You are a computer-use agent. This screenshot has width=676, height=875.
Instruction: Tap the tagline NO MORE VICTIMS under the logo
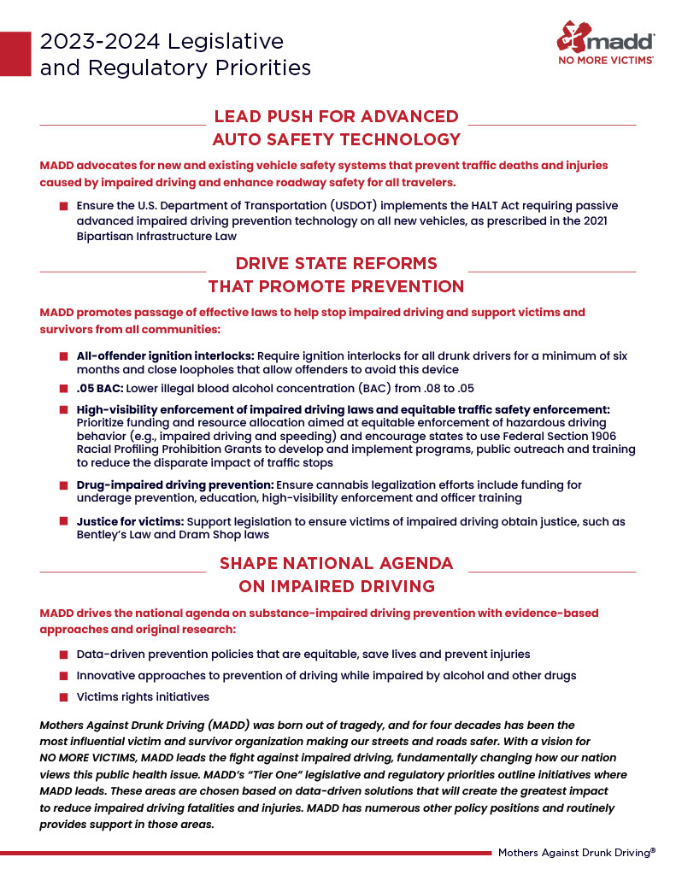click(607, 62)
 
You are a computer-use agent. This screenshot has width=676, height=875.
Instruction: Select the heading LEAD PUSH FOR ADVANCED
click(336, 116)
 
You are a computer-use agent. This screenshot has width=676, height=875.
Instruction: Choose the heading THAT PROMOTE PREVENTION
click(336, 286)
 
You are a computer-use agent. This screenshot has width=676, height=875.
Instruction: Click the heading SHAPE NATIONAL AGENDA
click(336, 563)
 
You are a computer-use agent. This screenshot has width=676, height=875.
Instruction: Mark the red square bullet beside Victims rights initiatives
click(64, 697)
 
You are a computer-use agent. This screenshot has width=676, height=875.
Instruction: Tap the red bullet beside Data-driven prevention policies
click(64, 655)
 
